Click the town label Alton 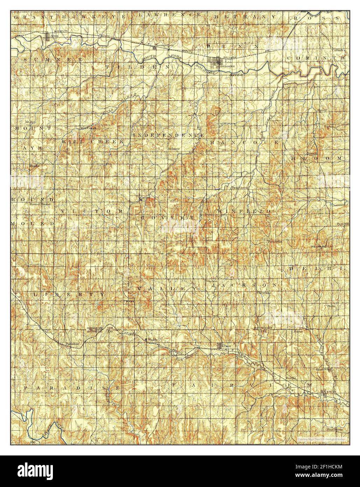pyautogui.click(x=55, y=36)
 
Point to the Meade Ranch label pyautogui.click(x=321, y=246)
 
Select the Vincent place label pyautogui.click(x=211, y=281)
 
